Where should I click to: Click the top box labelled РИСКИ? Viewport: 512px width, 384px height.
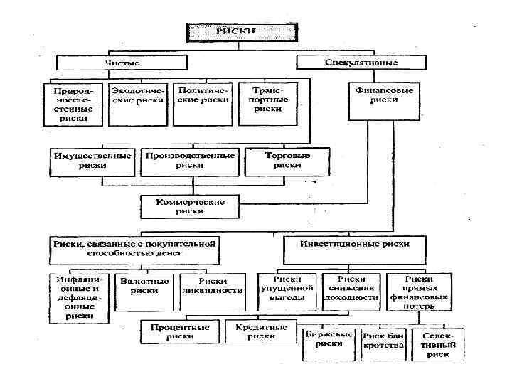click(242, 32)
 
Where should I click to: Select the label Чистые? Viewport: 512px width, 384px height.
click(122, 63)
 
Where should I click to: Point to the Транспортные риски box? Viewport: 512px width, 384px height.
click(266, 100)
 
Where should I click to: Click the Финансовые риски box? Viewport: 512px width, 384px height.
click(383, 95)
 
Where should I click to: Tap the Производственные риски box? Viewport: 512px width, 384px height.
click(189, 159)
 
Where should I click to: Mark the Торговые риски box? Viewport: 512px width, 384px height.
click(287, 159)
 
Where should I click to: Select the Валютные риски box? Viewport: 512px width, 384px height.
click(144, 286)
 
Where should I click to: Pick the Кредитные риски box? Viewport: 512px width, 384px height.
click(261, 331)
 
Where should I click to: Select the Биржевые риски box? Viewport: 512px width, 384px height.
click(329, 339)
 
